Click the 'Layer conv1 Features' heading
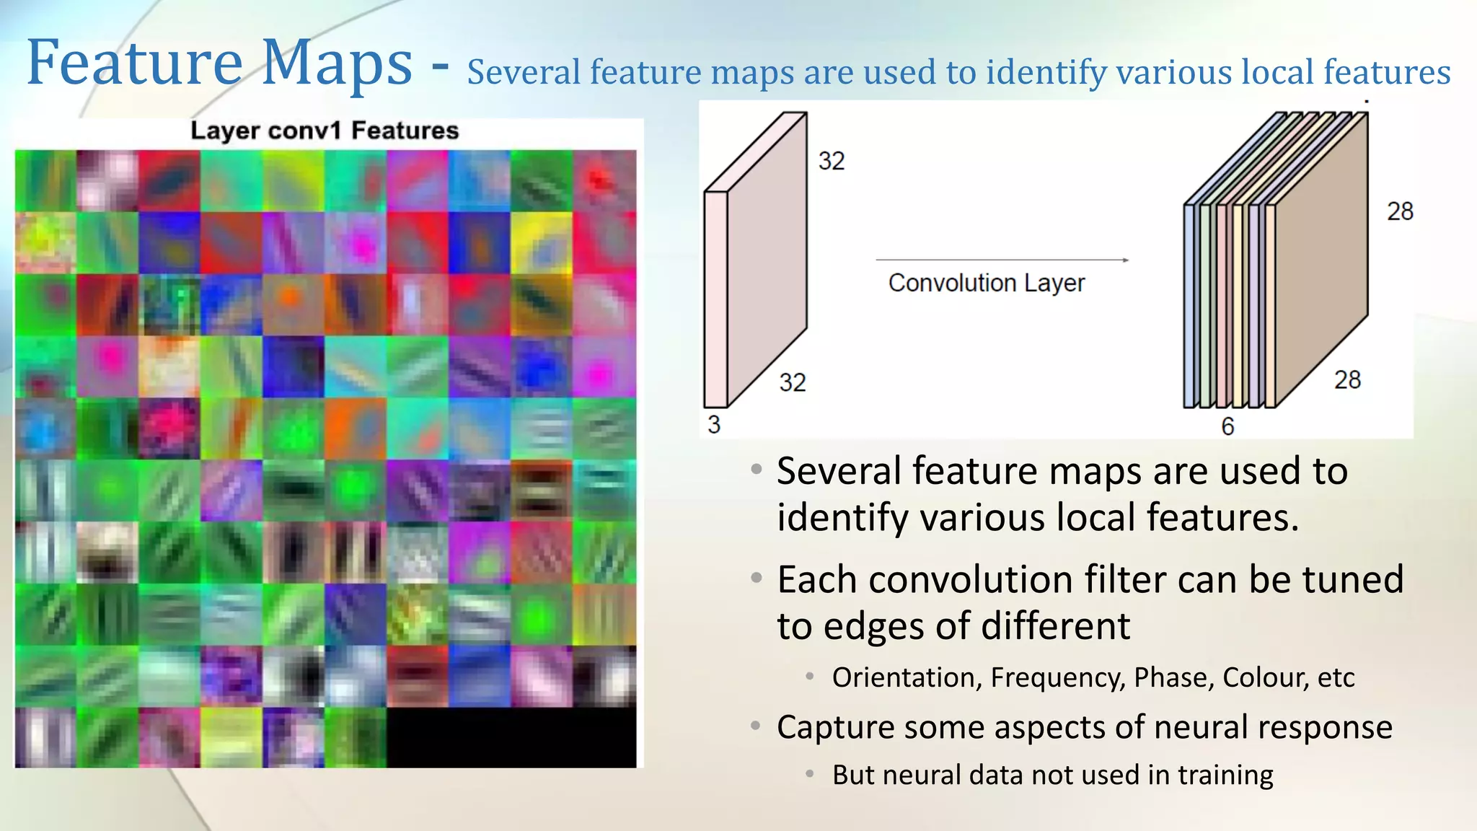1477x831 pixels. click(325, 131)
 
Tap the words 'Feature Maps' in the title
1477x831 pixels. click(219, 63)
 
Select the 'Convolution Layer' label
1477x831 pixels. click(986, 283)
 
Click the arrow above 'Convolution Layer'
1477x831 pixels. click(1002, 260)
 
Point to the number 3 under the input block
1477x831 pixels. click(714, 425)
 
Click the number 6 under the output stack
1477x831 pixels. click(1227, 426)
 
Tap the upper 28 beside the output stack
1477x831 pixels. click(1400, 211)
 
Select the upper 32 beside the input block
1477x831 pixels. click(831, 161)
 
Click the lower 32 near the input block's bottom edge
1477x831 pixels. click(792, 382)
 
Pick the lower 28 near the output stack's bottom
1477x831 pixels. click(1347, 380)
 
